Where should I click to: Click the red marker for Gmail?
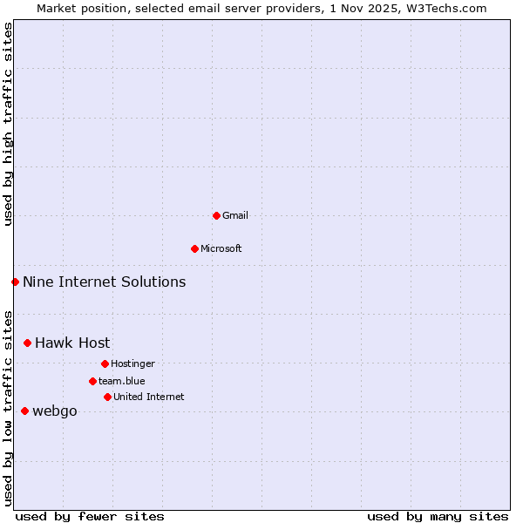tap(216, 215)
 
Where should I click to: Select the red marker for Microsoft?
tap(195, 248)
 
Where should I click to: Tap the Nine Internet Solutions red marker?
tap(15, 282)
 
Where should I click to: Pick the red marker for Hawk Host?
tap(27, 343)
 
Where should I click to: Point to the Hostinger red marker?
tap(105, 363)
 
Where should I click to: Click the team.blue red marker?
tap(92, 381)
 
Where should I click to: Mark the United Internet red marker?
tap(107, 397)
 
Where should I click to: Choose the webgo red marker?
tap(24, 411)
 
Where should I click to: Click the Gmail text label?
tap(235, 215)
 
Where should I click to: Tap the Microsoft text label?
tap(221, 248)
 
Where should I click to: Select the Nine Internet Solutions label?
tap(104, 282)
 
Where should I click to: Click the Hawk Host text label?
tap(72, 343)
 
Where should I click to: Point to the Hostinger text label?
tap(132, 363)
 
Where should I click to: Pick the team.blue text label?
tap(122, 381)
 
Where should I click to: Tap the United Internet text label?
tap(148, 397)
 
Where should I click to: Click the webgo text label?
tap(54, 411)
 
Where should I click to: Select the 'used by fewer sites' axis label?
tap(90, 516)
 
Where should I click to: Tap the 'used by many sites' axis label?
tap(438, 516)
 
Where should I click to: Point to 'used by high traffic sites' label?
tap(8, 124)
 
